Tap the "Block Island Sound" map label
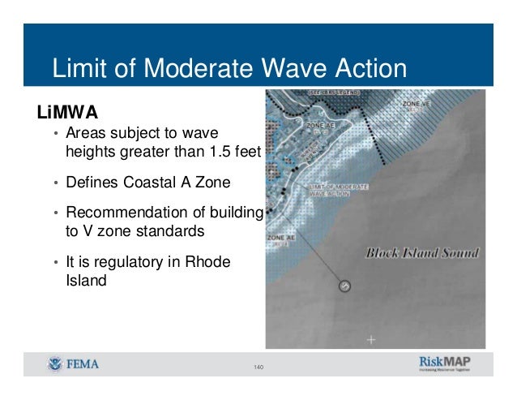click(x=422, y=252)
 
